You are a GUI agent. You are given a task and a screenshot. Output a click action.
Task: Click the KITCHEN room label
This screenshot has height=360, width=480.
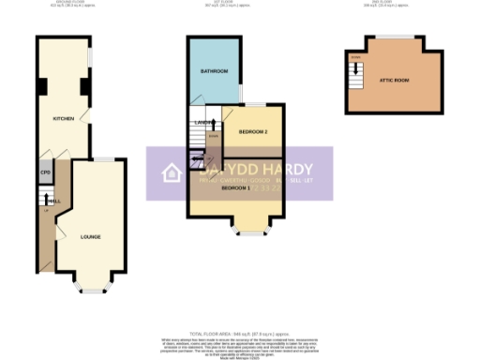(x=63, y=119)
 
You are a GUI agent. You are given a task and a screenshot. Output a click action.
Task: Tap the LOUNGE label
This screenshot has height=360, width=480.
(x=91, y=236)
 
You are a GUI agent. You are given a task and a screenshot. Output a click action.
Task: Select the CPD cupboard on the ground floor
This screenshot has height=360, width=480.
(x=44, y=173)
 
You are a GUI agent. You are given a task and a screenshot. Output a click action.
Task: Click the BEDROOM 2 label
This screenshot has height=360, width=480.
(x=253, y=131)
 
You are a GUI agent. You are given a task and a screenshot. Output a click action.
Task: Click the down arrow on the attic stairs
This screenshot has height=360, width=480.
(x=355, y=67)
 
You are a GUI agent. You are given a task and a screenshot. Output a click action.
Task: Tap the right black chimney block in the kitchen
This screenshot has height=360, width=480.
(x=83, y=88)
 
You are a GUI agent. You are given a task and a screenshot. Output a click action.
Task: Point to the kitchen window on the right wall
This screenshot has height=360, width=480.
(x=91, y=56)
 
